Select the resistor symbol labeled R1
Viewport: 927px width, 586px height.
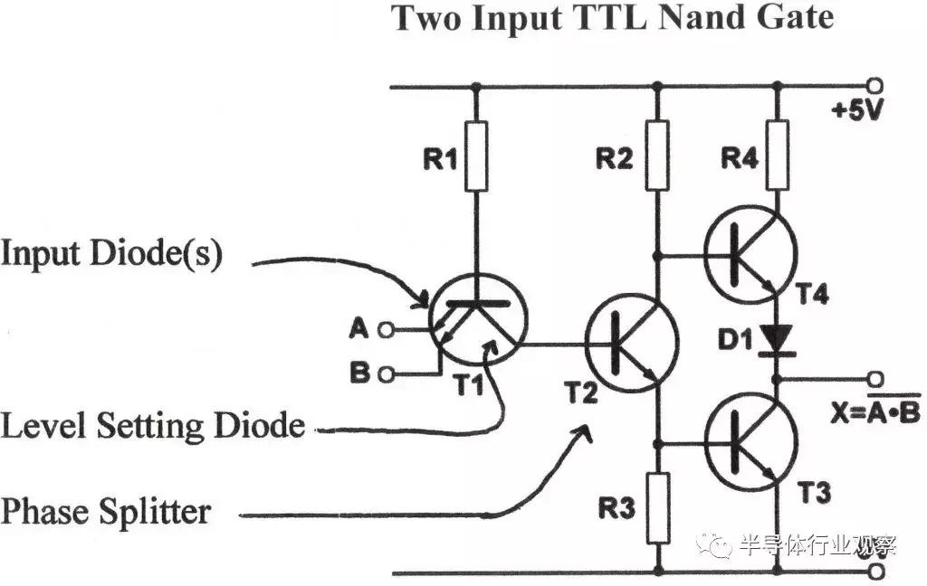pos(474,156)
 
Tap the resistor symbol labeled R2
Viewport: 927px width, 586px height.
pos(657,156)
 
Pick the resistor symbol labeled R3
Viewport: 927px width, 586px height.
pos(658,506)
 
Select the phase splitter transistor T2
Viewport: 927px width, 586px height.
pos(632,341)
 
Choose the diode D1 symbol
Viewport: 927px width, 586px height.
pos(777,340)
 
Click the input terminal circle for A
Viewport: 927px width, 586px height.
pos(387,330)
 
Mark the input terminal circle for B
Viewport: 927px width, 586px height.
pos(387,373)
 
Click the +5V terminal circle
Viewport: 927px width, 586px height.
pos(874,87)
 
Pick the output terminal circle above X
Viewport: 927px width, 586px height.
pos(874,377)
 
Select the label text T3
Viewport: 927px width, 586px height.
pos(814,494)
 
